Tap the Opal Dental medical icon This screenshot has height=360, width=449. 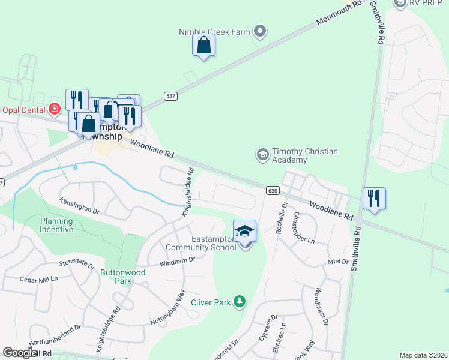pos(55,109)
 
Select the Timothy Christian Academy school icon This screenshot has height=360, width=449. pos(262,155)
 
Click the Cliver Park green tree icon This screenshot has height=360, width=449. pos(240,301)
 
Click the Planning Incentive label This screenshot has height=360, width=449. pos(56,225)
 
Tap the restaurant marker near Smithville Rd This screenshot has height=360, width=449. pos(374,199)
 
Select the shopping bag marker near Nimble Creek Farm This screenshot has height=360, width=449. pos(204,46)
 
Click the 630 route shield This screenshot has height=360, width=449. pos(273,190)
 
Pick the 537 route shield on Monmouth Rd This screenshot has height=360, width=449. pos(170,95)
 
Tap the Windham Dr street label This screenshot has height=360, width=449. pos(178,261)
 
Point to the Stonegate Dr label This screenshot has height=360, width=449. pos(77,263)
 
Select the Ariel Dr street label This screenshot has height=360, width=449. pos(339,262)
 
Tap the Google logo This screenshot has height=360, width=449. pos(20,353)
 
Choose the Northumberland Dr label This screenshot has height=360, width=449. pos(54,335)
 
